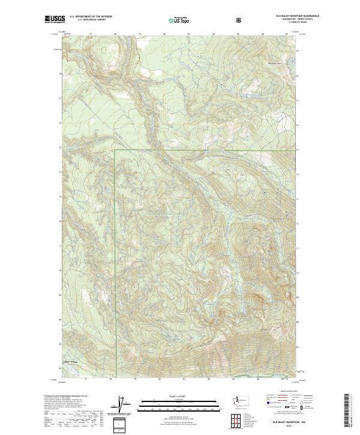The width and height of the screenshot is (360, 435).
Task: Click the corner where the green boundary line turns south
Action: point(115,149)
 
